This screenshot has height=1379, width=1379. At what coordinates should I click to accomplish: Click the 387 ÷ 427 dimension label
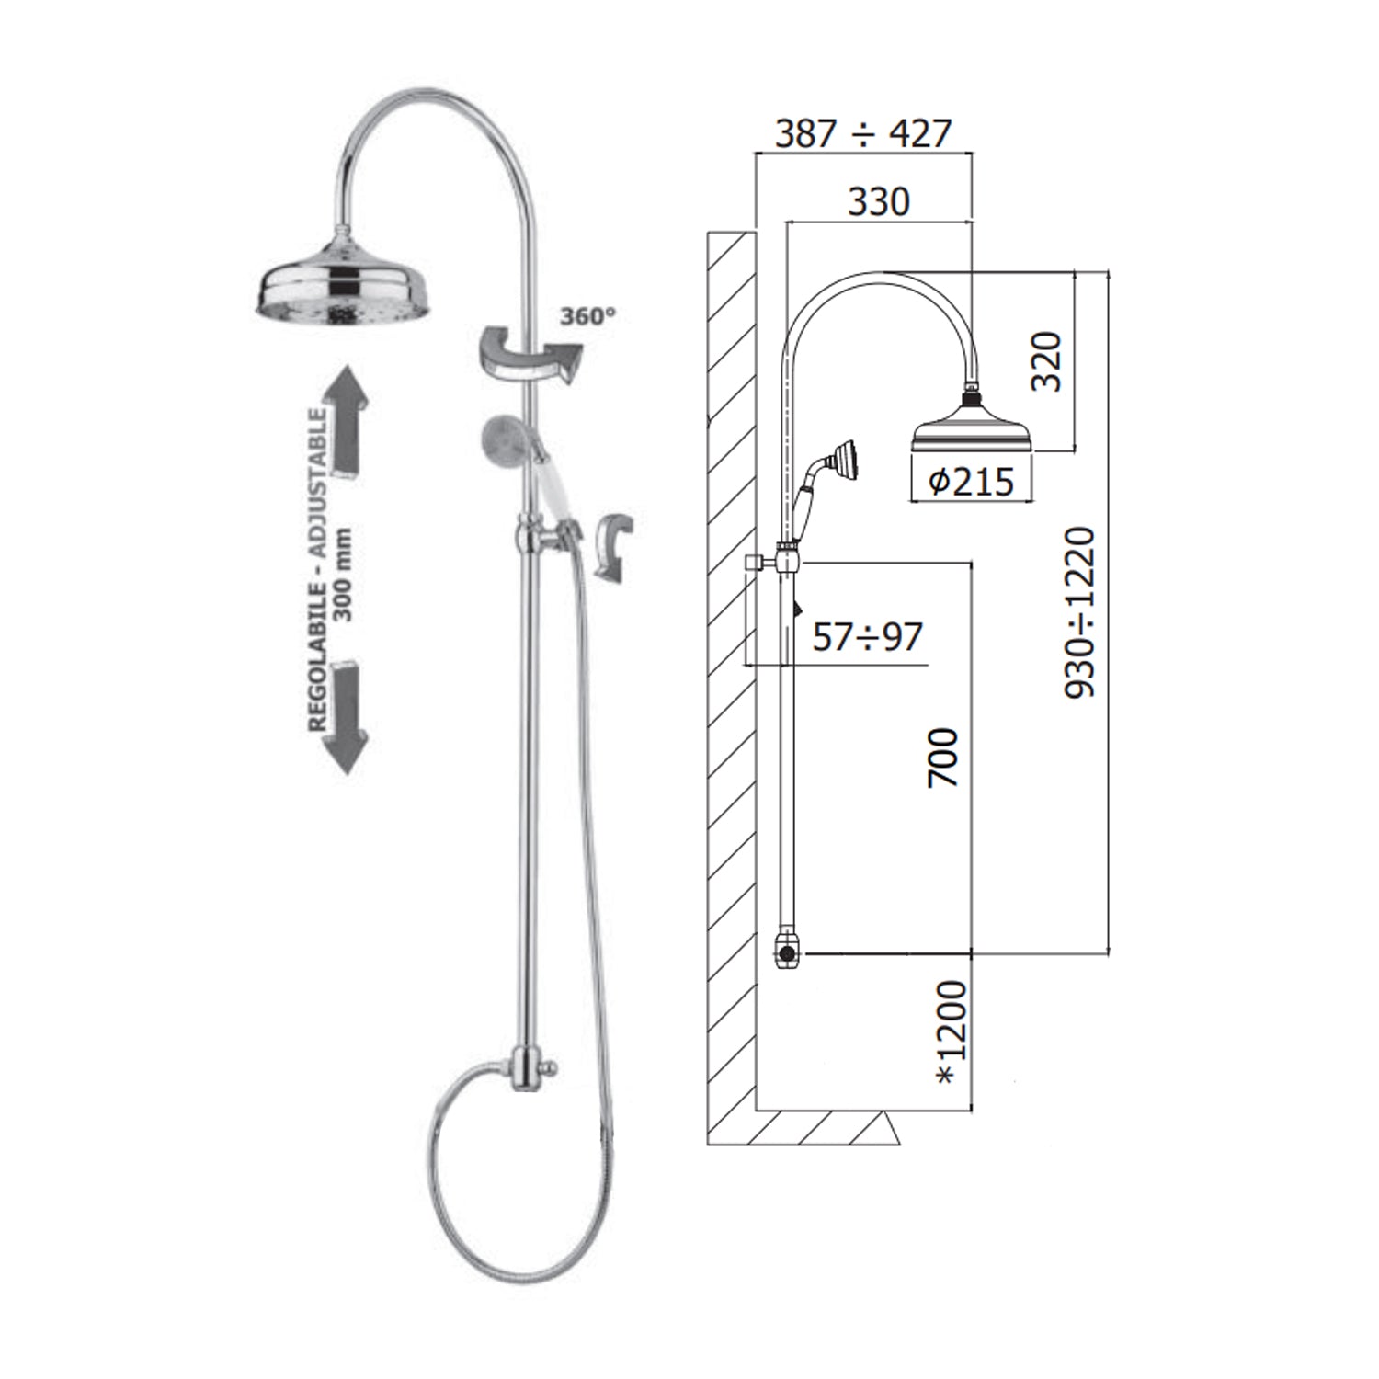pos(862,134)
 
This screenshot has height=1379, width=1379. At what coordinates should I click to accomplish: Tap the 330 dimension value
pos(879,201)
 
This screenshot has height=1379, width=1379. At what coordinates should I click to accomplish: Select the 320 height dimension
pos(1046,361)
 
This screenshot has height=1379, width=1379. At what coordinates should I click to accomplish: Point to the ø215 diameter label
pos(971,481)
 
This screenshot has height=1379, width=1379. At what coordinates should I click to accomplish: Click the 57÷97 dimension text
pos(867,636)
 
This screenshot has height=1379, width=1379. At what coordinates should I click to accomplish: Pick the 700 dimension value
pos(943,758)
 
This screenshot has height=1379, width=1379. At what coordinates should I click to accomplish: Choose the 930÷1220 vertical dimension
pos(1080,612)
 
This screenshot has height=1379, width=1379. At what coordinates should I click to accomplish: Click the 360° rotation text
pos(587,316)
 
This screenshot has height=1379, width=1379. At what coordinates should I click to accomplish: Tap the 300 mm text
pos(344,574)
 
